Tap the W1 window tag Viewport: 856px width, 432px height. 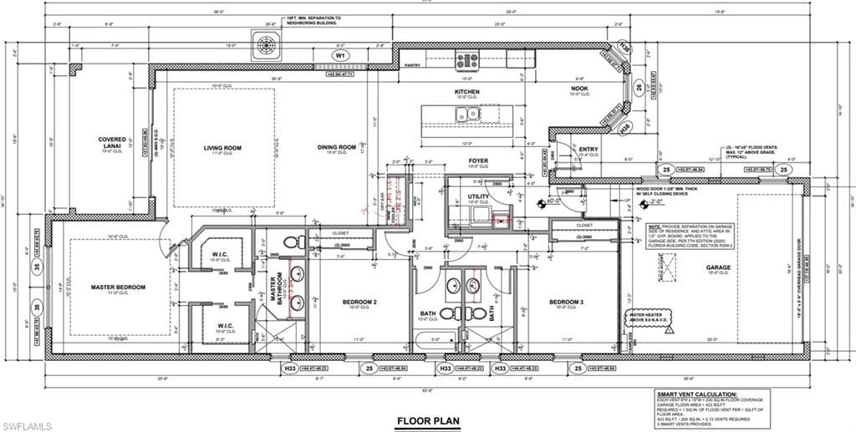pyautogui.click(x=340, y=55)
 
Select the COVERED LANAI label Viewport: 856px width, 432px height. pyautogui.click(x=111, y=143)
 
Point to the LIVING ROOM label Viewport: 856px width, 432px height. pyautogui.click(x=222, y=148)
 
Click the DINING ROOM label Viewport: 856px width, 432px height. pyautogui.click(x=337, y=148)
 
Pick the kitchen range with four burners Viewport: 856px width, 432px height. pyautogui.click(x=466, y=60)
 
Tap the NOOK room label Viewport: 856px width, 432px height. pyautogui.click(x=580, y=89)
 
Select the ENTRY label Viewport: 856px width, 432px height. pyautogui.click(x=588, y=150)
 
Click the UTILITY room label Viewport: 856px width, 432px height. pyautogui.click(x=477, y=196)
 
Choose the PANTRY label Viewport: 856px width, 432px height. pyautogui.click(x=411, y=64)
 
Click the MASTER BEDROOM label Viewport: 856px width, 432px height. pyautogui.click(x=118, y=287)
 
